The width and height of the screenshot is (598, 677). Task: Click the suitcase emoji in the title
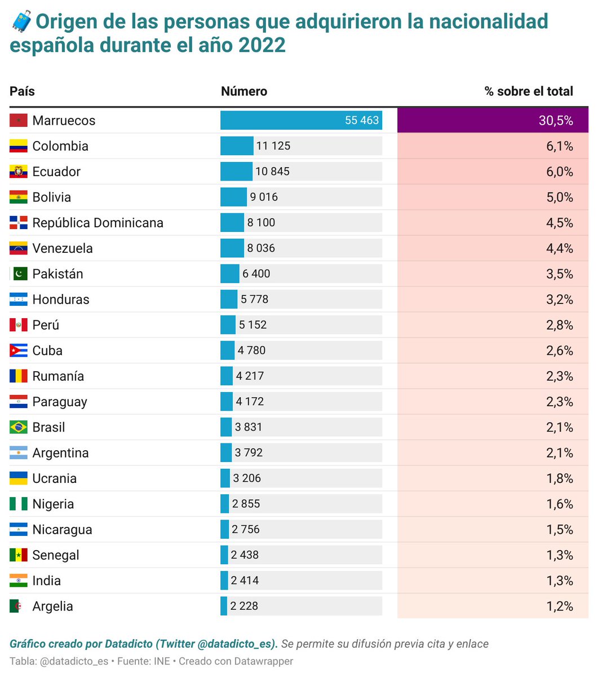pyautogui.click(x=21, y=22)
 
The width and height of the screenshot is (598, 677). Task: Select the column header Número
pyautogui.click(x=244, y=91)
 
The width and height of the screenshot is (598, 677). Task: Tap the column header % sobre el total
pyautogui.click(x=528, y=91)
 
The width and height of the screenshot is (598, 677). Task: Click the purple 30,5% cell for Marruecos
pyautogui.click(x=493, y=120)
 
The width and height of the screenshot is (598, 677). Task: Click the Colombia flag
pyautogui.click(x=19, y=146)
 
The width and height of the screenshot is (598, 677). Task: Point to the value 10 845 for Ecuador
pyautogui.click(x=272, y=172)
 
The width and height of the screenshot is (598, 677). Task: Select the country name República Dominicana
pyautogui.click(x=98, y=223)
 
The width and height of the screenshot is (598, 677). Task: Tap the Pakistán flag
pyautogui.click(x=19, y=274)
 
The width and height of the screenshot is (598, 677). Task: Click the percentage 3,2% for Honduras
pyautogui.click(x=559, y=300)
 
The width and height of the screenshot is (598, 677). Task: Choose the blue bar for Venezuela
pyautogui.click(x=232, y=248)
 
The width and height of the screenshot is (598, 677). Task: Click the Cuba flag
pyautogui.click(x=19, y=351)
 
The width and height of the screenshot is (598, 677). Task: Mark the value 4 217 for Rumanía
pyautogui.click(x=250, y=376)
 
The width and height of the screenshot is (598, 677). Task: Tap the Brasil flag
pyautogui.click(x=19, y=428)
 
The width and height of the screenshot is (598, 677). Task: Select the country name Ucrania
pyautogui.click(x=54, y=478)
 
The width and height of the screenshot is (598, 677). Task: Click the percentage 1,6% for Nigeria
pyautogui.click(x=559, y=504)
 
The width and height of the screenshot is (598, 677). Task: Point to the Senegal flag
pyautogui.click(x=19, y=555)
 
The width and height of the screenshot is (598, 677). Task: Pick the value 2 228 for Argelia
pyautogui.click(x=244, y=606)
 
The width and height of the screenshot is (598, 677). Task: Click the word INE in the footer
pyautogui.click(x=162, y=661)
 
